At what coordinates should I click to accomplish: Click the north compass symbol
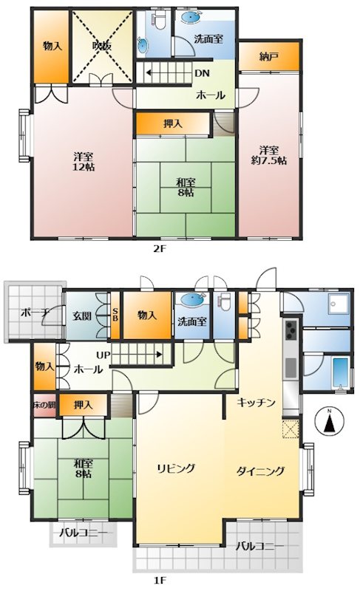(330, 420)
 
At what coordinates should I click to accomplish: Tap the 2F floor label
(160, 249)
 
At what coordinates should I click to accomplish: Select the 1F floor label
(160, 580)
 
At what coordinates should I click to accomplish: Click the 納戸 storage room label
(269, 57)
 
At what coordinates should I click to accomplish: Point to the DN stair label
(202, 73)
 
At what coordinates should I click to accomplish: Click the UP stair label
(103, 355)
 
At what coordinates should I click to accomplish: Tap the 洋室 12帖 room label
(84, 161)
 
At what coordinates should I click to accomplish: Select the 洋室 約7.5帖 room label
(269, 155)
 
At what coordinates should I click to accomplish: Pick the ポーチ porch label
(35, 312)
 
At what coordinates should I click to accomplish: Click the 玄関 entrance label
(82, 315)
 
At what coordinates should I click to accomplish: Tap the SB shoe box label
(115, 315)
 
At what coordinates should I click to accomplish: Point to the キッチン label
(256, 403)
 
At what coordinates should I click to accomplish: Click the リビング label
(176, 468)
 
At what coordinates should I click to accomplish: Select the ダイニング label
(260, 471)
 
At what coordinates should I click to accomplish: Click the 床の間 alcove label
(44, 405)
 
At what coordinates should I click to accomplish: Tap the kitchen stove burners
(291, 329)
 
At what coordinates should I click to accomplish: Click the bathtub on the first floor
(340, 372)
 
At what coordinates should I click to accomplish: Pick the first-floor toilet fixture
(225, 301)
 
